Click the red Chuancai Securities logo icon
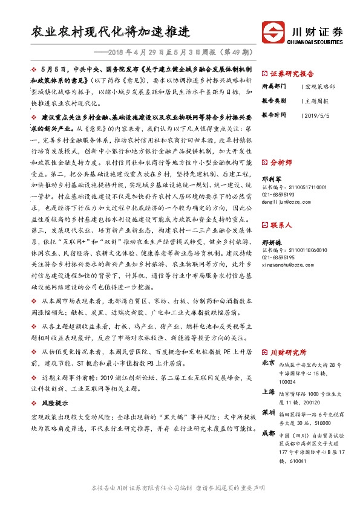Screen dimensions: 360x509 coord(271,32)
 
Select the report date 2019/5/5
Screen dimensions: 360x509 coord(314,114)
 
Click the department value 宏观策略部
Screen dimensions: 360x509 coord(318,86)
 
